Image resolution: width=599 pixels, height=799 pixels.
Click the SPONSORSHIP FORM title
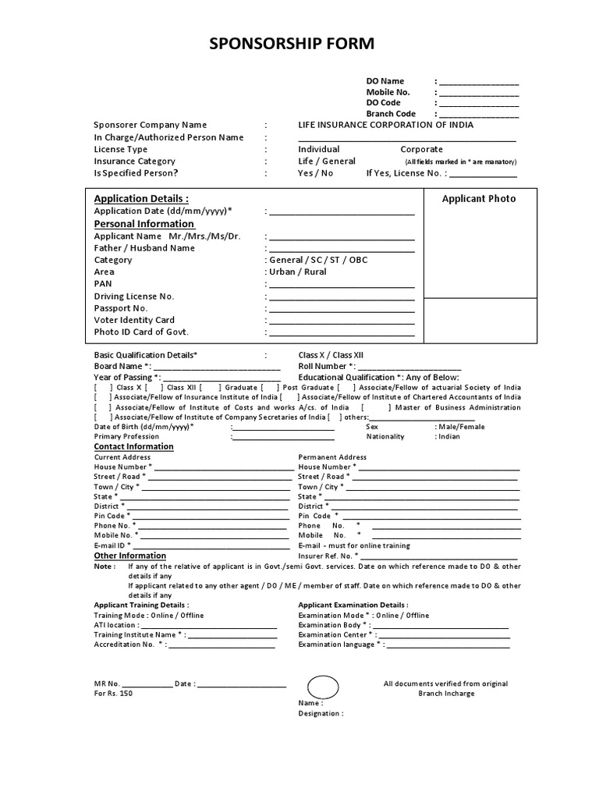click(x=292, y=44)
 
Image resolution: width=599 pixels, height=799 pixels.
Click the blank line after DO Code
click(x=479, y=103)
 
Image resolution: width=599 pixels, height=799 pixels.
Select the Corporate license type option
click(x=421, y=149)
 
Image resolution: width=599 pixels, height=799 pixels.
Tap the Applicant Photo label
click(x=479, y=199)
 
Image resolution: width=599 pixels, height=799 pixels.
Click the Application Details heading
click(x=141, y=198)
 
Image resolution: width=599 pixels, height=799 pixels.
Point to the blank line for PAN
click(x=342, y=285)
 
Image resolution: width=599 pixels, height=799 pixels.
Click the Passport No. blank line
click(x=342, y=308)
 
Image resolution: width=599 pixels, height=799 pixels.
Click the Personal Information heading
click(x=144, y=224)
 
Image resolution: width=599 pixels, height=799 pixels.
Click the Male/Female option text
click(x=460, y=427)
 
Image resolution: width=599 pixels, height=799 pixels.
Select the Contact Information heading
click(x=133, y=446)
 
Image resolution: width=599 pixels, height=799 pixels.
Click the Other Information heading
click(x=129, y=556)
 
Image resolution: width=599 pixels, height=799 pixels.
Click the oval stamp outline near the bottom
click(x=323, y=686)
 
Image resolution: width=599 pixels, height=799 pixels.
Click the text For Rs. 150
click(x=113, y=694)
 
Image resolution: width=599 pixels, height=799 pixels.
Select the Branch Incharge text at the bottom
click(x=445, y=694)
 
